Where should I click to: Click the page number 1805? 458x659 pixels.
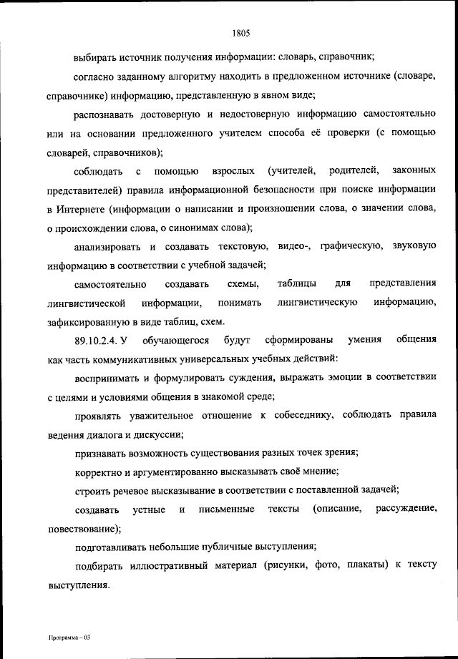tap(240, 31)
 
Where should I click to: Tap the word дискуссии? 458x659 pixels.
tap(157, 434)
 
